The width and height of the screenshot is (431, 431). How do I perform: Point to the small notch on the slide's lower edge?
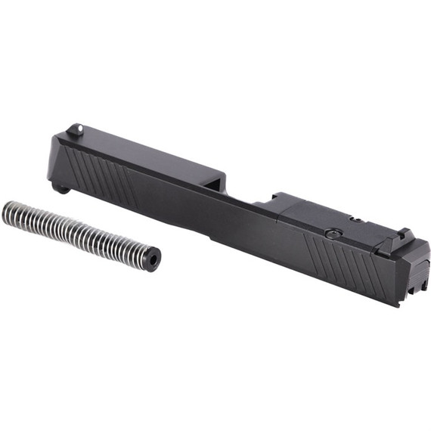tap(212, 236)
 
